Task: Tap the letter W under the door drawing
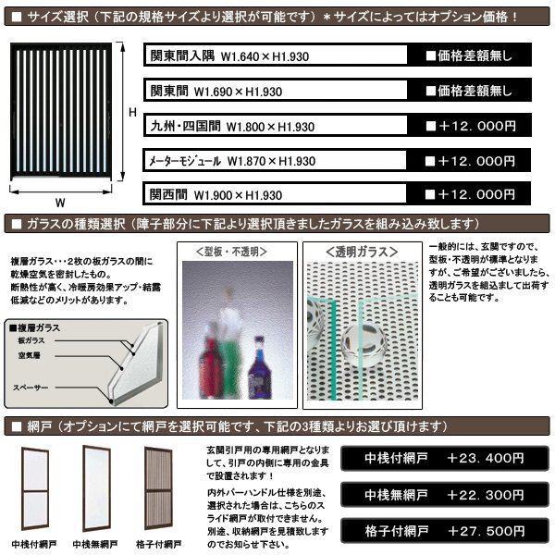point(59,200)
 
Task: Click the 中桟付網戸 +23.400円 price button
point(444,457)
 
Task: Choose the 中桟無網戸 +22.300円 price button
point(444,495)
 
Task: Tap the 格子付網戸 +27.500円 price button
point(444,532)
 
